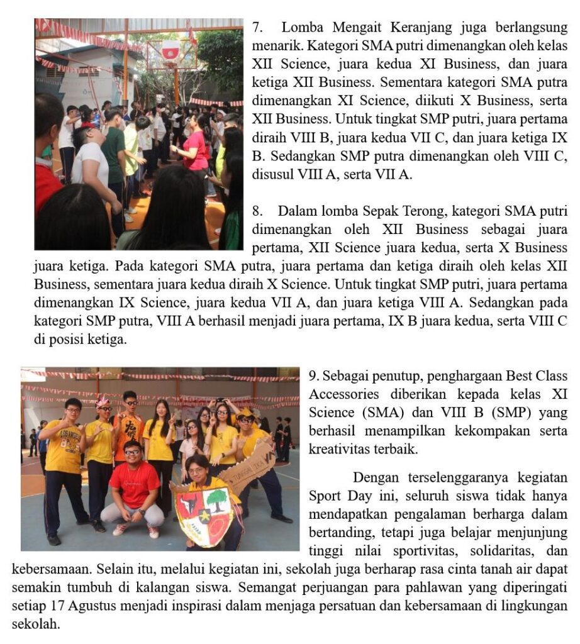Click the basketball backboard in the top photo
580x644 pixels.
point(170,50)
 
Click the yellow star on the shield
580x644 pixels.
point(204,517)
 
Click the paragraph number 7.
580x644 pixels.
point(256,28)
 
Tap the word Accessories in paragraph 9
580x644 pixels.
point(344,394)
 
